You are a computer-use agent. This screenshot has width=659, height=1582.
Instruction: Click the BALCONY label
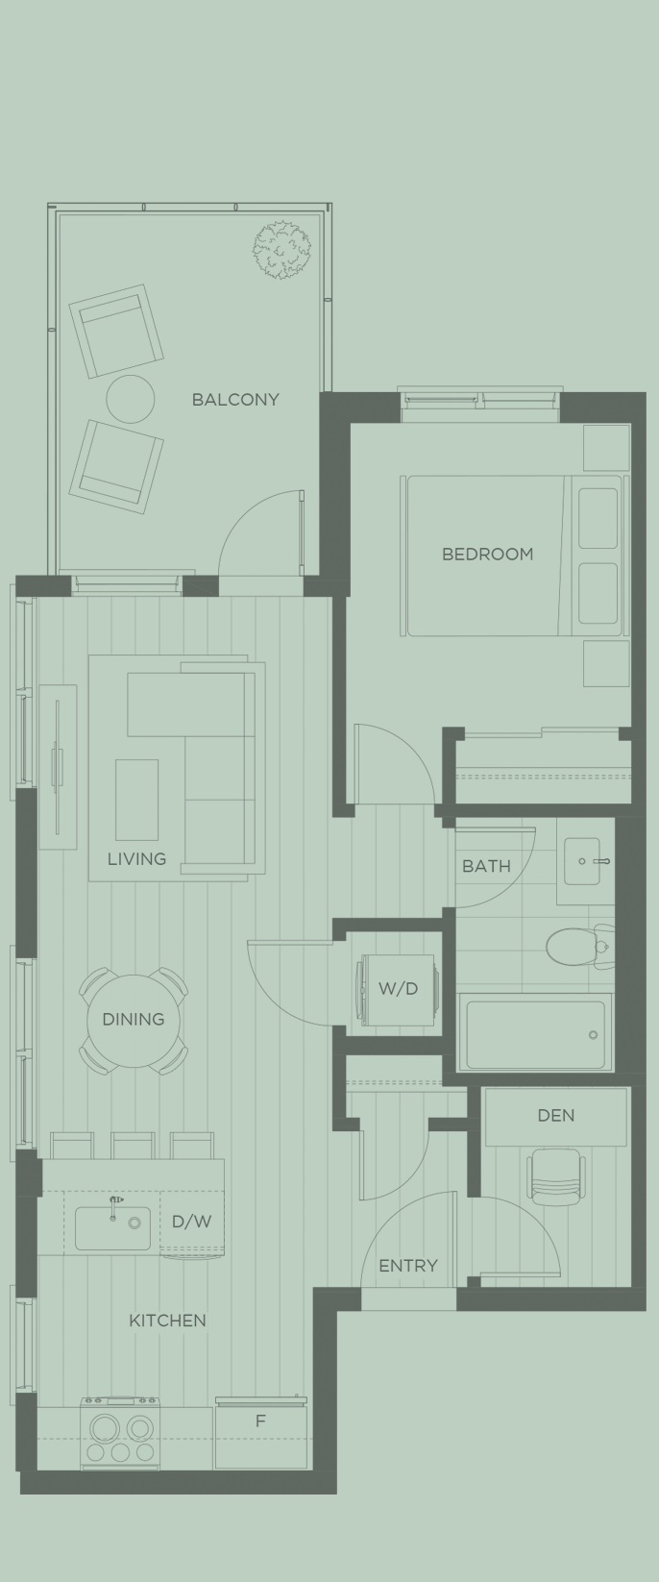pyautogui.click(x=234, y=399)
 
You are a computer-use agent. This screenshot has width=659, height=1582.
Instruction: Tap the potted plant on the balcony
pyautogui.click(x=282, y=250)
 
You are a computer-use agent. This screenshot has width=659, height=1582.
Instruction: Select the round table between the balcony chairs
pyautogui.click(x=130, y=399)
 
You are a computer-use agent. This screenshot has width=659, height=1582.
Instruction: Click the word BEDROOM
pyautogui.click(x=487, y=554)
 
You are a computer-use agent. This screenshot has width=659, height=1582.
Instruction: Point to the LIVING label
pyautogui.click(x=136, y=858)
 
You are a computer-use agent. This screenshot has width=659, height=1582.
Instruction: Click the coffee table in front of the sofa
pyautogui.click(x=137, y=800)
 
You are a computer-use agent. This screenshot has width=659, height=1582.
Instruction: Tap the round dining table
pyautogui.click(x=133, y=1019)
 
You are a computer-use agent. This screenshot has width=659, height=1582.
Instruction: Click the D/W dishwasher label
pyautogui.click(x=191, y=1222)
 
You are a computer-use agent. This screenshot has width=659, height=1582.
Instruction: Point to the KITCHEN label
pyautogui.click(x=167, y=1321)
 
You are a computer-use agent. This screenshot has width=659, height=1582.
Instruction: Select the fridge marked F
pyautogui.click(x=260, y=1433)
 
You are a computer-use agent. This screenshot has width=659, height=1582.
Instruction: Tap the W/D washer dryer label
pyautogui.click(x=398, y=988)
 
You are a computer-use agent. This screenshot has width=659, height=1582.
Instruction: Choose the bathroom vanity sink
pyautogui.click(x=585, y=860)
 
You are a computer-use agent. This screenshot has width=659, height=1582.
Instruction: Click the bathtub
pyautogui.click(x=536, y=1034)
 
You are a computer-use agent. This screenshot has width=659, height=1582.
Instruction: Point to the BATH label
pyautogui.click(x=486, y=866)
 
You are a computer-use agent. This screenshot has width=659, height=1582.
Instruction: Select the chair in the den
pyautogui.click(x=556, y=1176)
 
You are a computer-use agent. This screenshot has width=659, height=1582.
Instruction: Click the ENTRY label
pyautogui.click(x=408, y=1266)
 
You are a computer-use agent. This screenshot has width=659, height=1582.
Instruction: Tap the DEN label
pyautogui.click(x=556, y=1115)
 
